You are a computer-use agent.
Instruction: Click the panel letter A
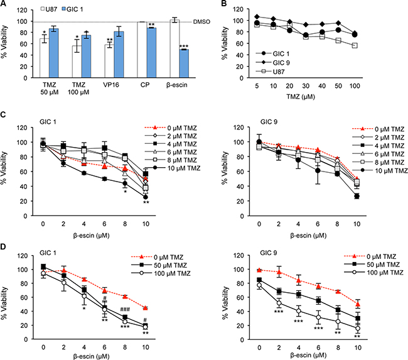(4, 5)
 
